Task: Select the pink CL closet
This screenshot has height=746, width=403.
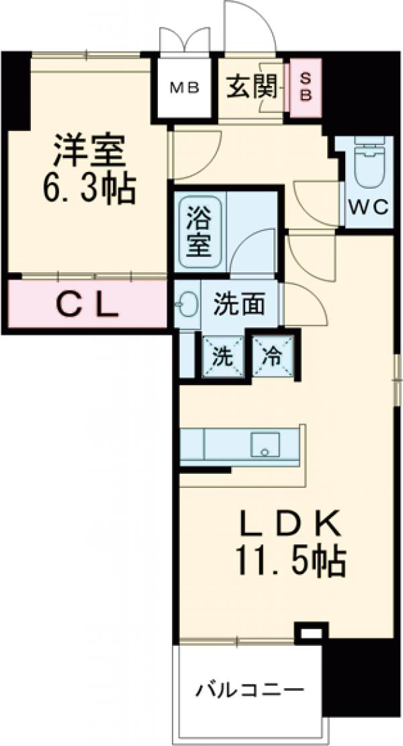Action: click(88, 306)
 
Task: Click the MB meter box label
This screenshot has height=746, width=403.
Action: click(183, 87)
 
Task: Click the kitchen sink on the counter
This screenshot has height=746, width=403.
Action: click(265, 444)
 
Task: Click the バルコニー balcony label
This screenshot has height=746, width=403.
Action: click(250, 690)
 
